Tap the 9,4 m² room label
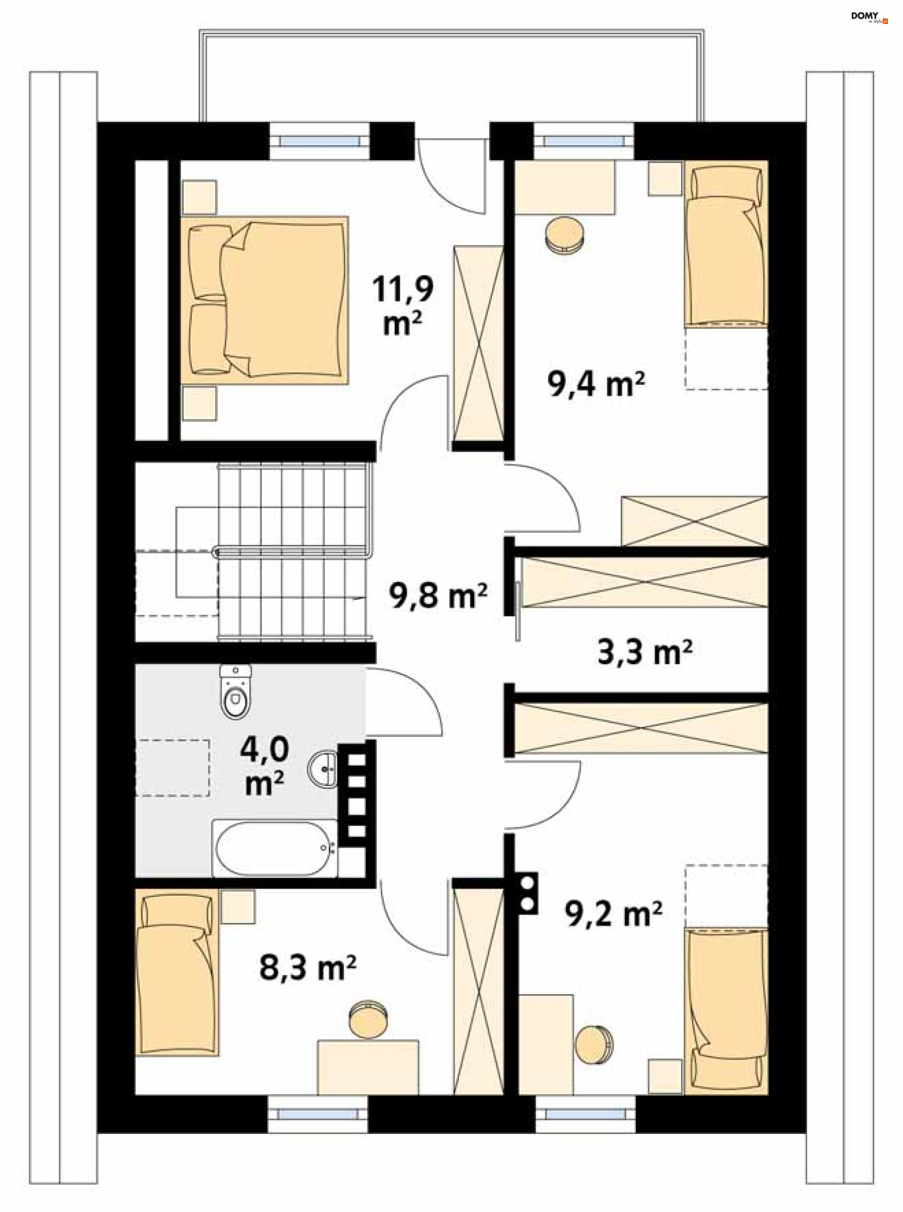(x=596, y=384)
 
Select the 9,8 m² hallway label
(x=438, y=596)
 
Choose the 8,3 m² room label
(x=308, y=968)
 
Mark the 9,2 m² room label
(x=614, y=913)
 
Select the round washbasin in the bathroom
(x=323, y=769)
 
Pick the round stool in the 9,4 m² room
(x=565, y=235)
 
